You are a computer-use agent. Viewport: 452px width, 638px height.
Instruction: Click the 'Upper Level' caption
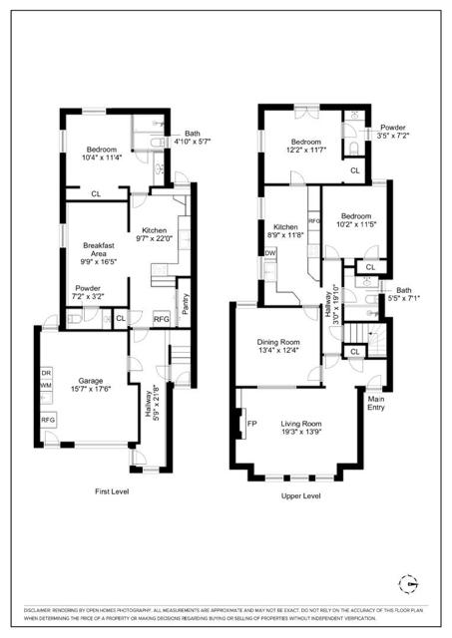[300, 495]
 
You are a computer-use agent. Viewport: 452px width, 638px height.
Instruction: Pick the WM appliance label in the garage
[46, 385]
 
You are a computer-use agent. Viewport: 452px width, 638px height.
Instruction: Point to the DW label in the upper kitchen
[269, 253]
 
